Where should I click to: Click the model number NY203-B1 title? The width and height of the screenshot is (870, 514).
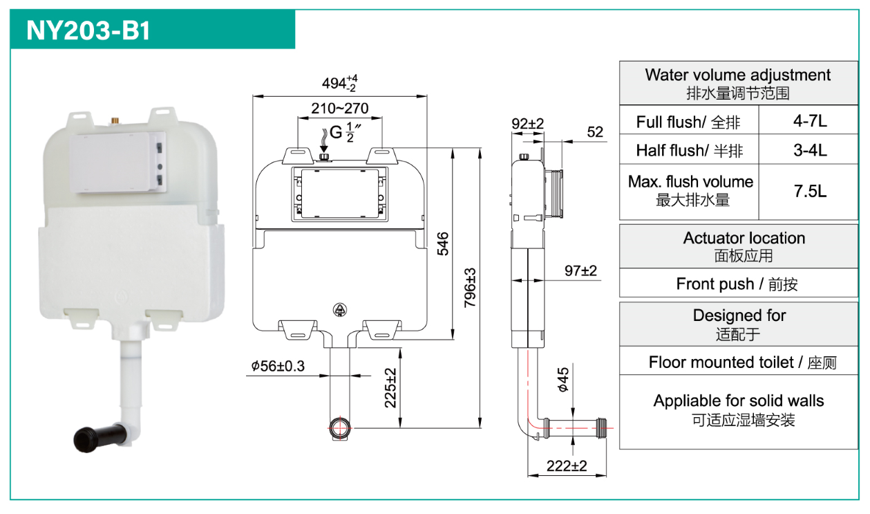tap(88, 30)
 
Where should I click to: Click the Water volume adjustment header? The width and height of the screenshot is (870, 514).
tap(737, 82)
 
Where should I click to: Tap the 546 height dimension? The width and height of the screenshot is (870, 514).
tap(443, 244)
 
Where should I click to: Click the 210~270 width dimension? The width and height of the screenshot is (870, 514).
tap(339, 109)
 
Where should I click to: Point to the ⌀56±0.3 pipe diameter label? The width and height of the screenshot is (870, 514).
tap(278, 366)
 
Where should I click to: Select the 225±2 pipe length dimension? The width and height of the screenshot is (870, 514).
tap(391, 388)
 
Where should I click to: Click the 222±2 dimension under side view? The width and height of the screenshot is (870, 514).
tap(566, 466)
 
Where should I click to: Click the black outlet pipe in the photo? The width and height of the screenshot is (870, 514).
tap(101, 437)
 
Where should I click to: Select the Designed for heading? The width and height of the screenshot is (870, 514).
tap(739, 323)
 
